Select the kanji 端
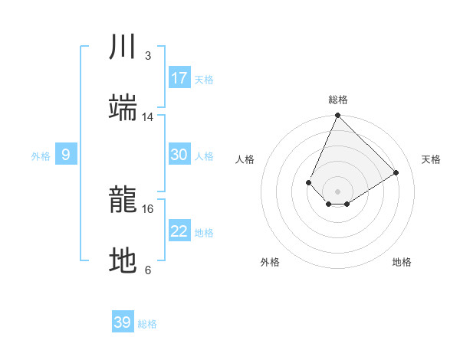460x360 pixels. click(x=123, y=108)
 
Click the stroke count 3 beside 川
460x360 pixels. click(x=148, y=56)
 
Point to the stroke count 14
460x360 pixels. click(x=148, y=117)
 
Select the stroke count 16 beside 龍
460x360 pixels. click(x=148, y=208)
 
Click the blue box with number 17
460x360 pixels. click(x=179, y=78)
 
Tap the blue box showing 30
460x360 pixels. click(x=179, y=155)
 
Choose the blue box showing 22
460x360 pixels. click(x=179, y=231)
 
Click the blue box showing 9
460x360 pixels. click(x=66, y=155)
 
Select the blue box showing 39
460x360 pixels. click(x=122, y=322)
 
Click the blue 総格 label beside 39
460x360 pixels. click(x=148, y=324)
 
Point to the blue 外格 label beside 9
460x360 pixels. click(x=41, y=156)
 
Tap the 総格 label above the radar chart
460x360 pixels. click(x=338, y=100)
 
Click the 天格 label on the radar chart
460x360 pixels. click(x=431, y=159)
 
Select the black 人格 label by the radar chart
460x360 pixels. click(x=245, y=159)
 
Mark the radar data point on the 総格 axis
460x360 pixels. click(x=338, y=116)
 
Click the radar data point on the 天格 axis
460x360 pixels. click(x=396, y=173)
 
